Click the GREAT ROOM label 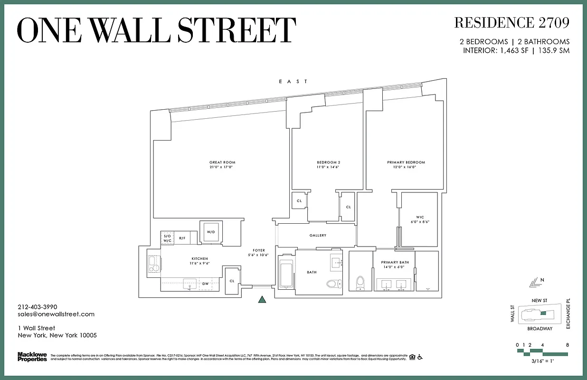point(222,162)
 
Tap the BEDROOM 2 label point(329,162)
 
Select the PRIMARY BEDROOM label point(406,162)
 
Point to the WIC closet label point(420,218)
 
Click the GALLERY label point(318,236)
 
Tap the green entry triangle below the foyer point(262,299)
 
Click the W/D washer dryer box point(209,232)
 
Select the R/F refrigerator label point(182,238)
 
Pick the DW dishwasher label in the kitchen point(206,284)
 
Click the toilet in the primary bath point(360,282)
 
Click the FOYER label point(259,250)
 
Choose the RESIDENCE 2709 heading point(511,22)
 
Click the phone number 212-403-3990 point(37,307)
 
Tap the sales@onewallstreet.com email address point(56,314)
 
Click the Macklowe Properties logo point(32,357)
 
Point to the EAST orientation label point(293,82)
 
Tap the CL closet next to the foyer point(232,281)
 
